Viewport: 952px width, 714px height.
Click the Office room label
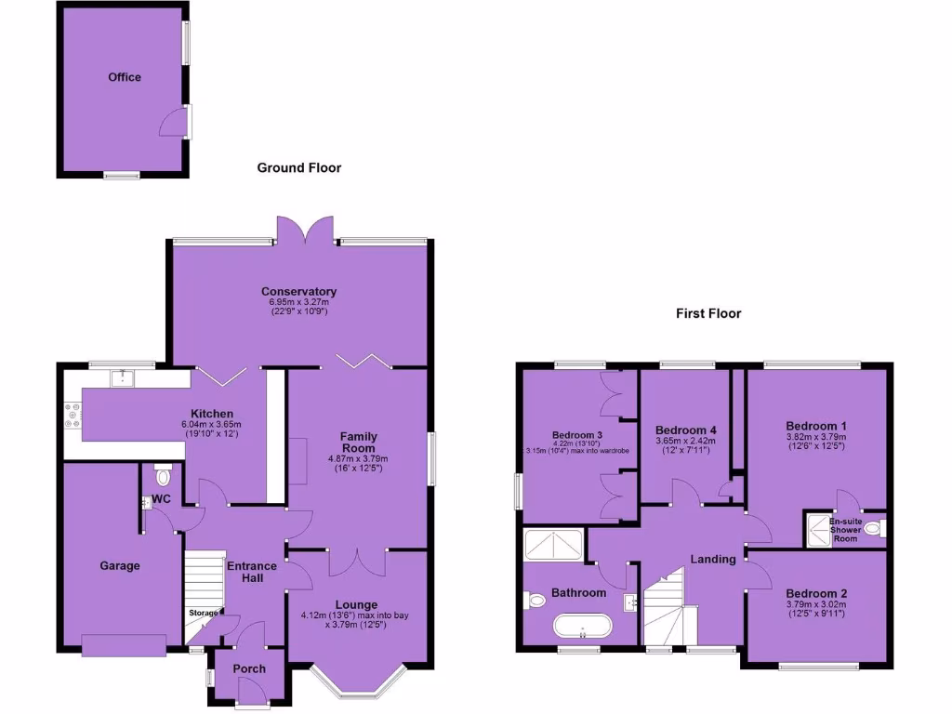124,77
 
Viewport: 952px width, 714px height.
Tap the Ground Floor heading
298,168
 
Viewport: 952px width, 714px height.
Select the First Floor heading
708,314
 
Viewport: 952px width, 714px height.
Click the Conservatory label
298,292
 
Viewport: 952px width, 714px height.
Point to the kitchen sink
123,377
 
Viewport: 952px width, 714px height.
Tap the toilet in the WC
165,476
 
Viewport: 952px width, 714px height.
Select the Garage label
120,565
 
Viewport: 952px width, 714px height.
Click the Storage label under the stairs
203,613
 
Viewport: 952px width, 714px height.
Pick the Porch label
249,669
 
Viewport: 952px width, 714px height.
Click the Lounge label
356,605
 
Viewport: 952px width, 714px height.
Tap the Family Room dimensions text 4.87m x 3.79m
358,458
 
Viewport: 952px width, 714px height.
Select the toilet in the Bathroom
536,601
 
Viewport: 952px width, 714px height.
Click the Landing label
713,560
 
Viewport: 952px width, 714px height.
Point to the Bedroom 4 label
686,430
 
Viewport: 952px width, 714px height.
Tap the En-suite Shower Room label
844,529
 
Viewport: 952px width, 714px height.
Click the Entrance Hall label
252,572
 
